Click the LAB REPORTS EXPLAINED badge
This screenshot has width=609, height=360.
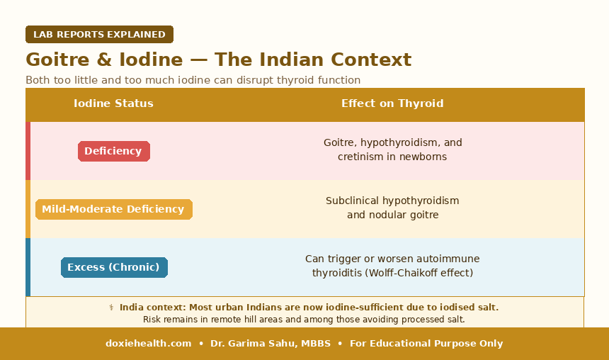99,34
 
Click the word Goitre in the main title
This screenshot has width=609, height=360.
57,60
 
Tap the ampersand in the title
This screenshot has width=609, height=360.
104,60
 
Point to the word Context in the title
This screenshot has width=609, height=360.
371,60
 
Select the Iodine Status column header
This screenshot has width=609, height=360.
113,103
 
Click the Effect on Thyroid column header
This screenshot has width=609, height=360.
392,103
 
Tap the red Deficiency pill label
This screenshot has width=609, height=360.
114,151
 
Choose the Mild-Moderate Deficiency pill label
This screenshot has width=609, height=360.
114,209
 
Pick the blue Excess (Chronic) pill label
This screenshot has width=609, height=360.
114,267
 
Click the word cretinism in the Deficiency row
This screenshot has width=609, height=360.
355,157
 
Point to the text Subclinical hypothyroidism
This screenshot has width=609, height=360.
392,201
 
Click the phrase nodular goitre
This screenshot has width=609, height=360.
404,215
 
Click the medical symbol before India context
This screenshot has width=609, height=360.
111,308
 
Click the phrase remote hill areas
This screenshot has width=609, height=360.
244,320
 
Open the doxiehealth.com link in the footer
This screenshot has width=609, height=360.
149,344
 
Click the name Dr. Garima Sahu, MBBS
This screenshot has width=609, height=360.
271,344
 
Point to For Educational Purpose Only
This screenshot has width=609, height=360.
426,344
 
